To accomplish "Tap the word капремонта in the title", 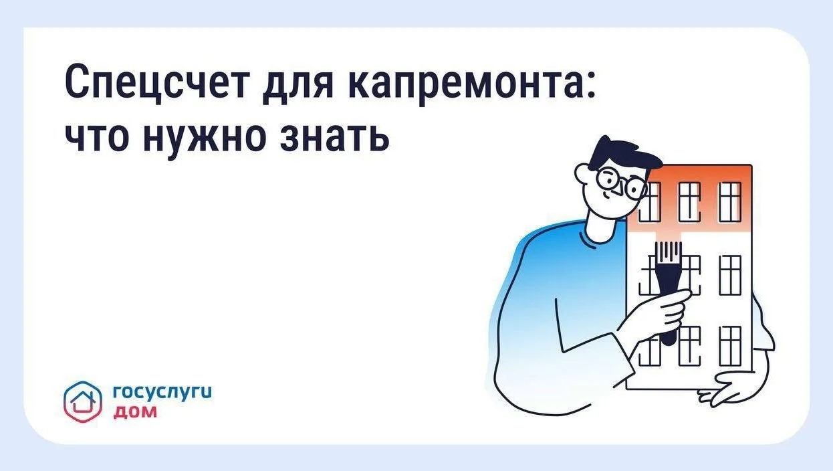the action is click(459, 84).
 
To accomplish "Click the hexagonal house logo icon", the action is click(82, 401).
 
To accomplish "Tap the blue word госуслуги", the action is click(162, 392).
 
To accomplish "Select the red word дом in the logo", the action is click(134, 412).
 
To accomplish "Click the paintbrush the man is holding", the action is click(669, 290).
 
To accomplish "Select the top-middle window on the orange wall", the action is click(689, 203).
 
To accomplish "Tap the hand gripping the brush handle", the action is click(662, 312).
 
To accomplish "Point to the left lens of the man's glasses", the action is click(610, 179).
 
